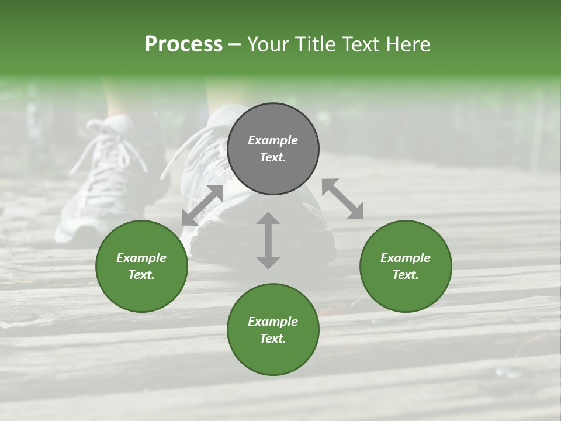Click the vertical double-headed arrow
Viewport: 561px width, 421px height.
point(268,240)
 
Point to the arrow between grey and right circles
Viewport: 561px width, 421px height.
point(342,199)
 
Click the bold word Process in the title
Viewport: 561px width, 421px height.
point(183,44)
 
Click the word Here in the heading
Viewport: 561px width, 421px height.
point(408,44)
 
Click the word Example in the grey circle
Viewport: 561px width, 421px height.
point(273,140)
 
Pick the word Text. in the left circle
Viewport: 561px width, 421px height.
point(141,275)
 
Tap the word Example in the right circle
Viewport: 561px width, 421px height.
point(406,258)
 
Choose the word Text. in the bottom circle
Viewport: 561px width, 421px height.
point(273,339)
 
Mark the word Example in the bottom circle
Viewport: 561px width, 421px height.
point(273,322)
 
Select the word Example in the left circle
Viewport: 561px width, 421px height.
point(141,258)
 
